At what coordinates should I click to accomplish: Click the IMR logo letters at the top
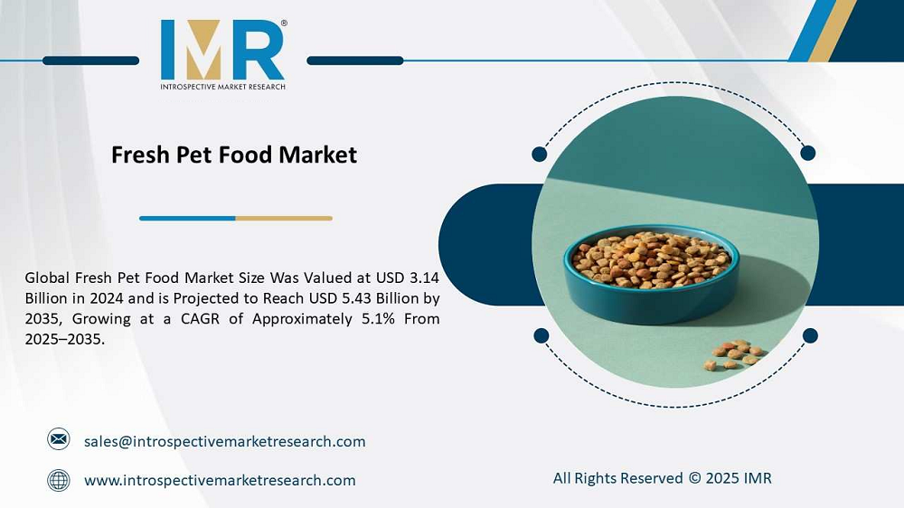(x=222, y=51)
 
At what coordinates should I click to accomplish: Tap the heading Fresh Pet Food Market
(x=234, y=155)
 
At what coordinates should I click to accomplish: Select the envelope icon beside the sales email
(x=59, y=440)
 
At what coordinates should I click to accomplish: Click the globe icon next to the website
(x=59, y=480)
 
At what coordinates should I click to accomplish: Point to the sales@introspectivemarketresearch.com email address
(x=224, y=441)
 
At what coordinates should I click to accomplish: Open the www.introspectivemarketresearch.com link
(x=220, y=480)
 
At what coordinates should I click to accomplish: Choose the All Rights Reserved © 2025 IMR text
(x=662, y=477)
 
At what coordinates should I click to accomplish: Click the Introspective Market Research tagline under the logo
(x=222, y=87)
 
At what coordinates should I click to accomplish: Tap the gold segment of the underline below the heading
(x=284, y=218)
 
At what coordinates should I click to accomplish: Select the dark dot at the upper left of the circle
(x=540, y=154)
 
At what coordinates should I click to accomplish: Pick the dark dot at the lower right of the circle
(x=810, y=335)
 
